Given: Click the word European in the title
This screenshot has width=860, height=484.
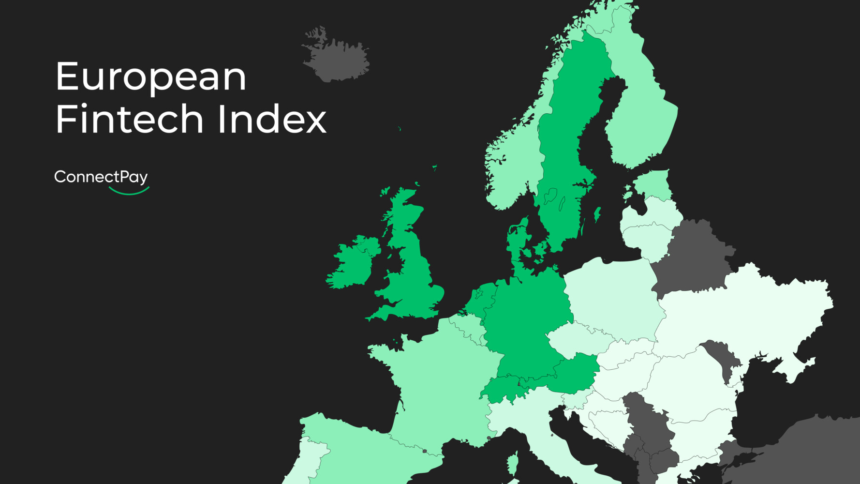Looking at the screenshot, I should [x=151, y=77].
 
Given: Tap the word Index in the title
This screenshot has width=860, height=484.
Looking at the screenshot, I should [x=272, y=119].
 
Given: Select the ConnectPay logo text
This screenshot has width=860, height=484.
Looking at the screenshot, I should [x=101, y=177].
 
